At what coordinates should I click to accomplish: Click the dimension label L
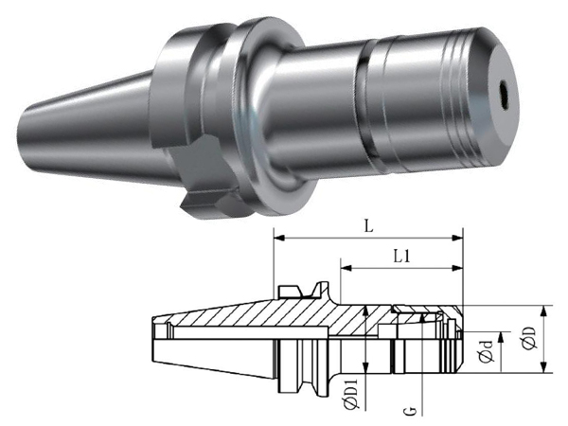pyautogui.click(x=368, y=227)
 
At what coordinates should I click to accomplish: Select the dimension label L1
pyautogui.click(x=402, y=257)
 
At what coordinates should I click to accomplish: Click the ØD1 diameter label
pyautogui.click(x=351, y=395)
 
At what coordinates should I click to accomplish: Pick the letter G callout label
pyautogui.click(x=410, y=411)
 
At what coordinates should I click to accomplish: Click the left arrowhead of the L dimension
pyautogui.click(x=278, y=238)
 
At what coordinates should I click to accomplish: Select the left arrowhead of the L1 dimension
pyautogui.click(x=346, y=268)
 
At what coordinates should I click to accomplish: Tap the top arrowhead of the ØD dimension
pyautogui.click(x=543, y=311)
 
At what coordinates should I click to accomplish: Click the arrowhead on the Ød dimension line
pyautogui.click(x=502, y=337)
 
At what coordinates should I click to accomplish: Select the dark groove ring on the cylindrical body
pyautogui.click(x=364, y=105)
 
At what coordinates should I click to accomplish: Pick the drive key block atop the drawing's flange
pyautogui.click(x=289, y=292)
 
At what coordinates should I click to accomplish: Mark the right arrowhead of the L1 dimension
pyautogui.click(x=458, y=268)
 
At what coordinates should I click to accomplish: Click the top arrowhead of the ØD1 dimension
pyautogui.click(x=365, y=311)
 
